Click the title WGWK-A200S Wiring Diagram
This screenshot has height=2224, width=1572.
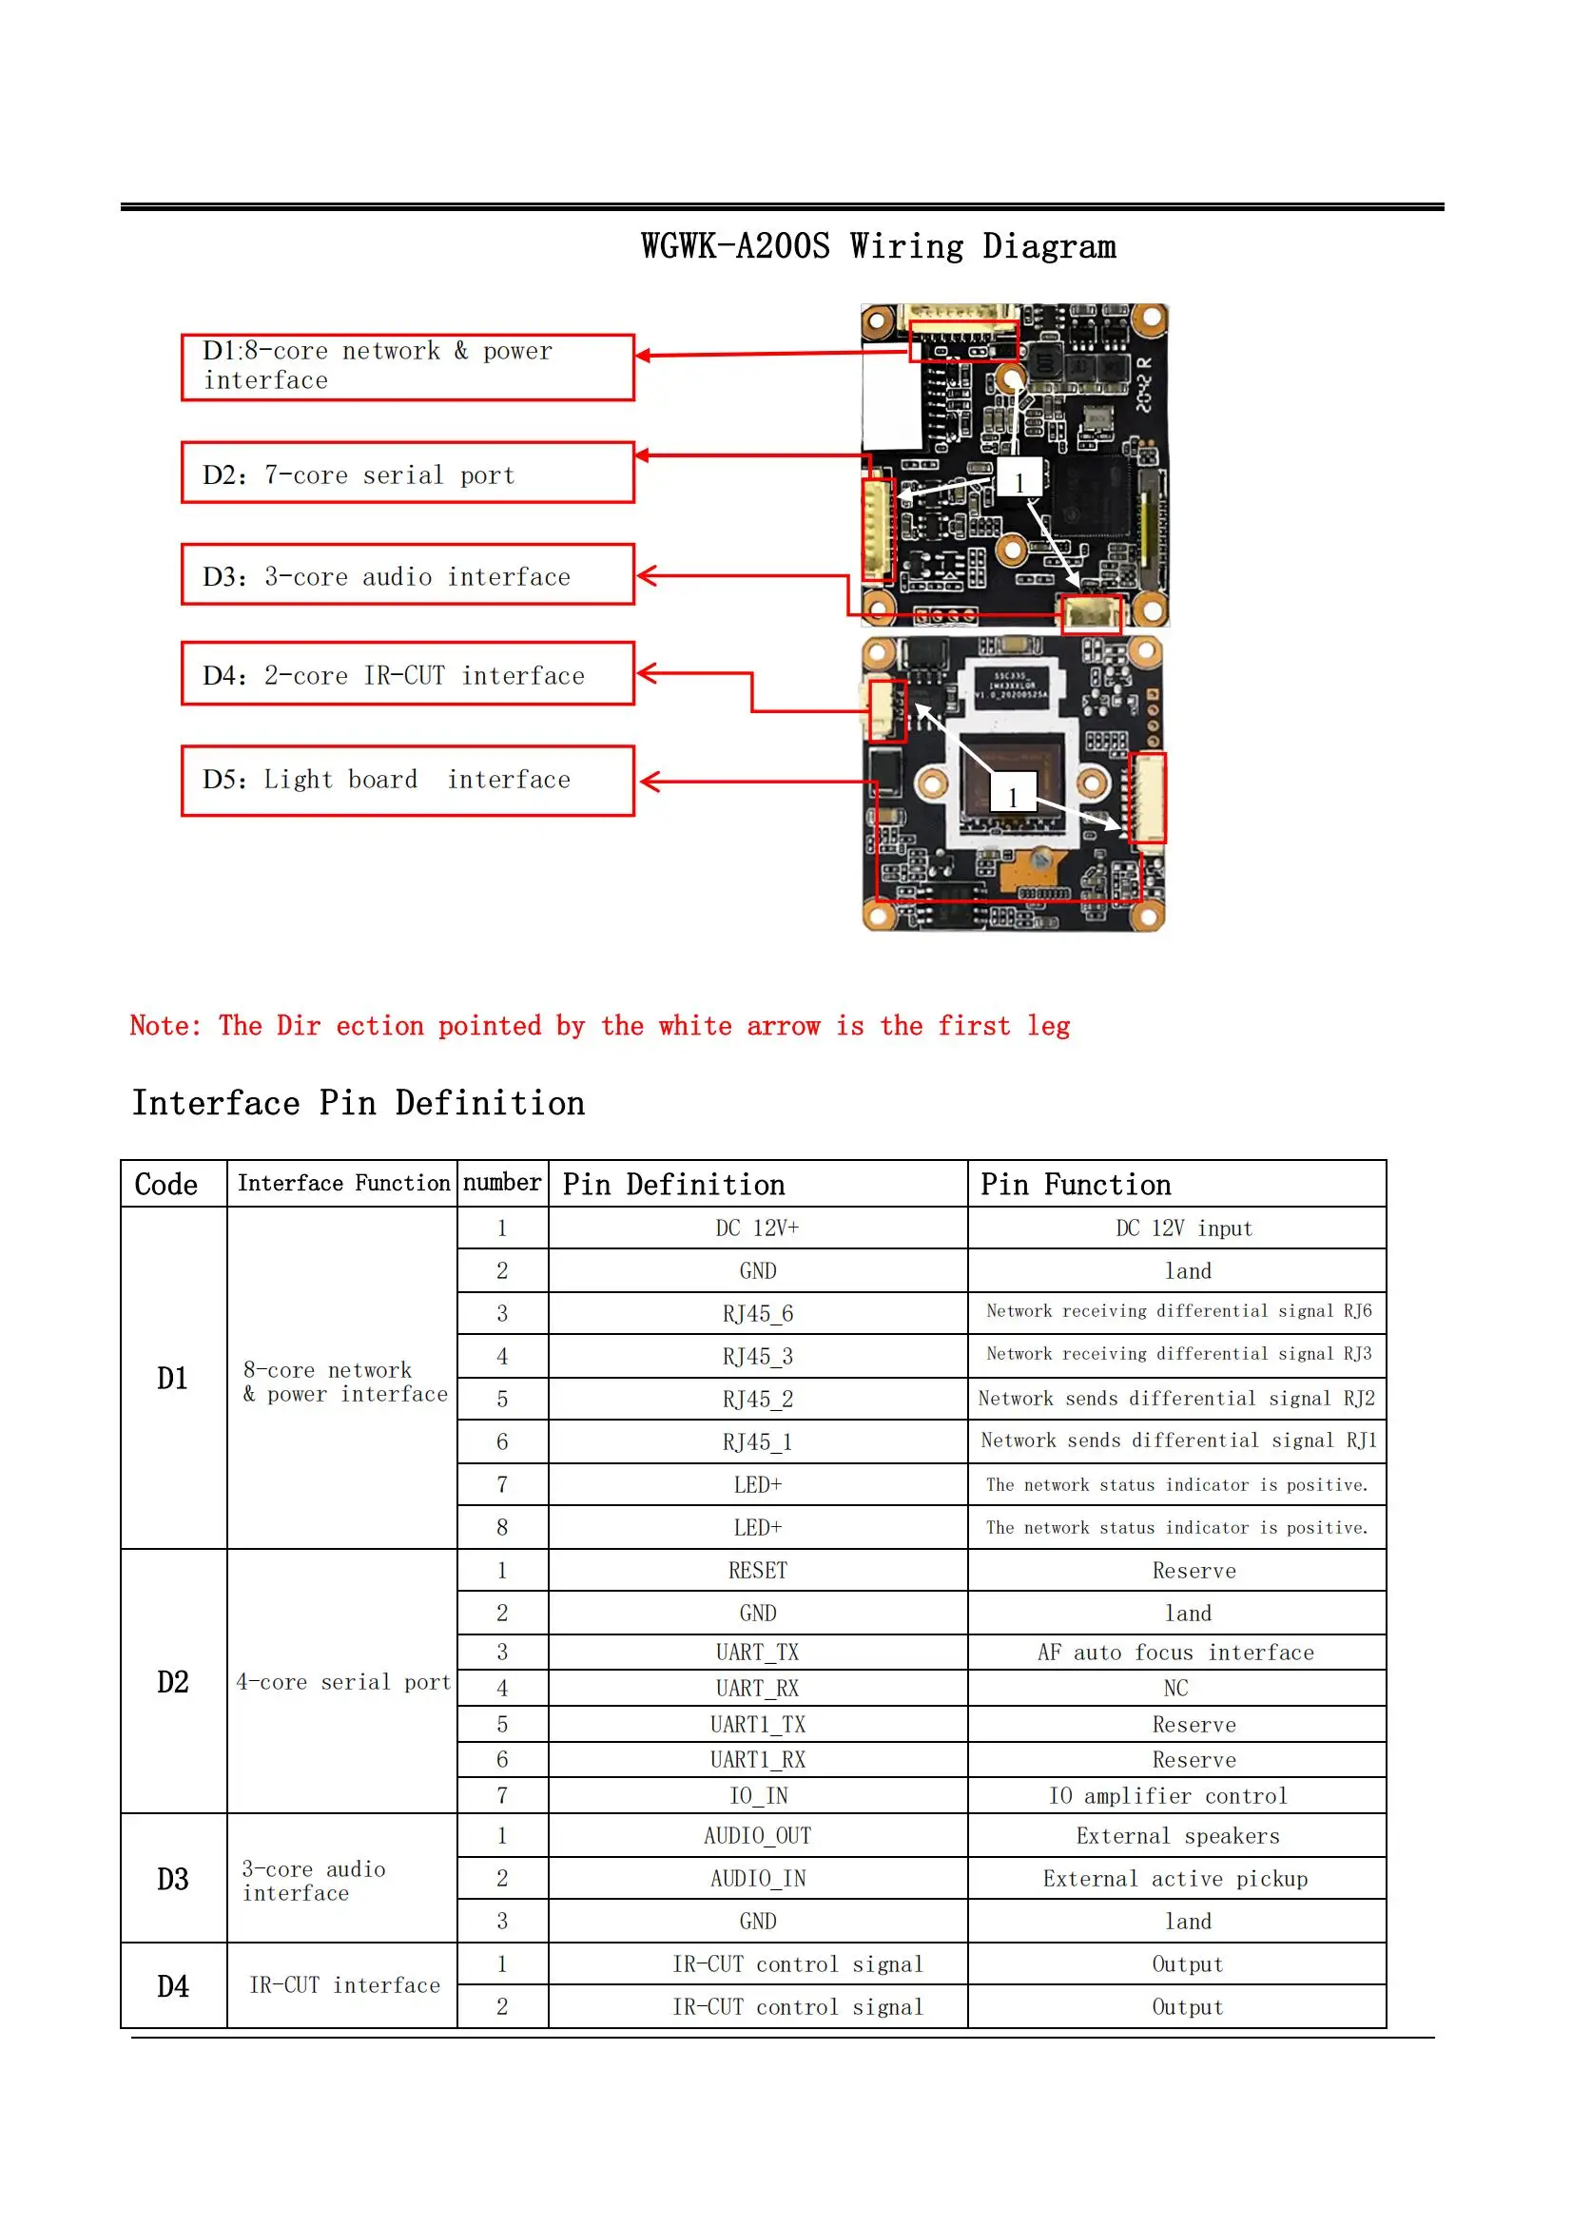pyautogui.click(x=878, y=246)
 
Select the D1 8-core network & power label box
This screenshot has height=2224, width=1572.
pyautogui.click(x=407, y=366)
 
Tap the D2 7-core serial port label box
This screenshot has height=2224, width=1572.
pyautogui.click(x=407, y=473)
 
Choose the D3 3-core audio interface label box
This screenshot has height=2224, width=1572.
pyautogui.click(x=407, y=574)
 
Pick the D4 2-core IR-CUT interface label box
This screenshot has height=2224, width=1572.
pyautogui.click(x=407, y=673)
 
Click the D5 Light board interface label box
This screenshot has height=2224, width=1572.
pyautogui.click(x=407, y=780)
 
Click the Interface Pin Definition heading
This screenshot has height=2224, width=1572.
pyautogui.click(x=359, y=1102)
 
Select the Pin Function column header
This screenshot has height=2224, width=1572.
pyautogui.click(x=1076, y=1184)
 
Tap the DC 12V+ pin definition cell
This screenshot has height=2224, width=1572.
pyautogui.click(x=757, y=1228)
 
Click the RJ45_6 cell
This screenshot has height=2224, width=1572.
pyautogui.click(x=757, y=1312)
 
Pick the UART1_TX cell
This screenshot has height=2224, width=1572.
pyautogui.click(x=757, y=1723)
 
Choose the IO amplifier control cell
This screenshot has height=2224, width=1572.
pyautogui.click(x=1168, y=1795)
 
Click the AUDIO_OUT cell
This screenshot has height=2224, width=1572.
pyautogui.click(x=757, y=1834)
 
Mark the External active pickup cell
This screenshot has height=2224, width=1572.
pyautogui.click(x=1174, y=1878)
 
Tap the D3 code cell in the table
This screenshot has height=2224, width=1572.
pyautogui.click(x=173, y=1878)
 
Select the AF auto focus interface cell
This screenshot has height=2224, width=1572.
pyautogui.click(x=1174, y=1652)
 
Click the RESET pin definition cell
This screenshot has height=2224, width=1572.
pyautogui.click(x=757, y=1569)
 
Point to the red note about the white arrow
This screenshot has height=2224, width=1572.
pyautogui.click(x=599, y=1026)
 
